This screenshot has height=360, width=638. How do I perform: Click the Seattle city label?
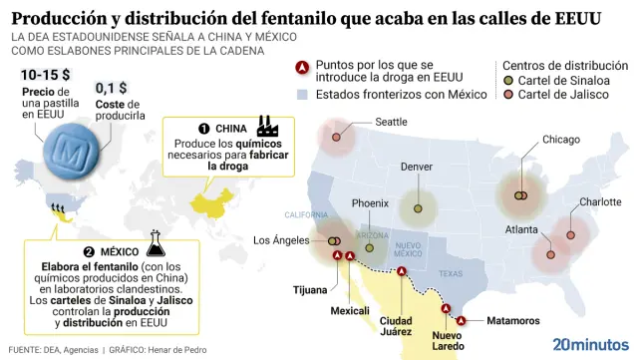pyautogui.click(x=391, y=122)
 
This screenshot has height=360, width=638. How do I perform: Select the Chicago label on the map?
pyautogui.click(x=560, y=140)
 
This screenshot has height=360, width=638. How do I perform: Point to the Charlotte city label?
pyautogui.click(x=600, y=201)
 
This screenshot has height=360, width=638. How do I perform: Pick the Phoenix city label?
pyautogui.click(x=370, y=203)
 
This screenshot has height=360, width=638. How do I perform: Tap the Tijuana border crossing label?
pyautogui.click(x=309, y=290)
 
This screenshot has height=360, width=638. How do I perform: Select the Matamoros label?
pyautogui.click(x=512, y=320)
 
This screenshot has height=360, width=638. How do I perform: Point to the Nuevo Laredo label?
pyautogui.click(x=448, y=341)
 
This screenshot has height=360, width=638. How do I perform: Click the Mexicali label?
pyautogui.click(x=350, y=310)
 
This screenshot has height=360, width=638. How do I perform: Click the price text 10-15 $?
pyautogui.click(x=45, y=75)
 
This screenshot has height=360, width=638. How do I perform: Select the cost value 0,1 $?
pyautogui.click(x=112, y=88)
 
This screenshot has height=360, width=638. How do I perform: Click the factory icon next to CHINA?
pyautogui.click(x=266, y=127)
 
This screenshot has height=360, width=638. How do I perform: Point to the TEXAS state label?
pyautogui.click(x=451, y=274)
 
